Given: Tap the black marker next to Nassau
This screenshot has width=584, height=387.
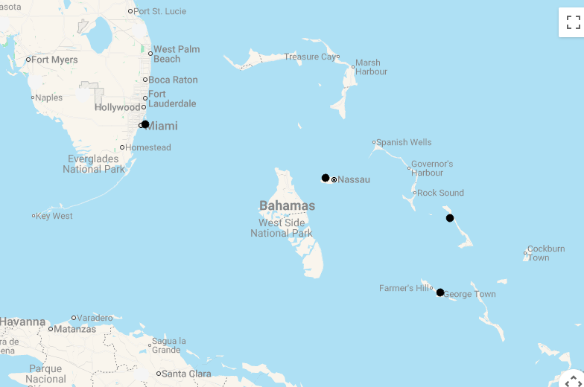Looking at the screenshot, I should (326, 178).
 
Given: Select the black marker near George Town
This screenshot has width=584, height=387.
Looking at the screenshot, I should (440, 292).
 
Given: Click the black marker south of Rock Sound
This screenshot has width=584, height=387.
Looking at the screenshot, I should (450, 218).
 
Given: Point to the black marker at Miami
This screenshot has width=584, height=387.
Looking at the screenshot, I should (145, 124).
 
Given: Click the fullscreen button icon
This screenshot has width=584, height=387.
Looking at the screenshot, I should (572, 22).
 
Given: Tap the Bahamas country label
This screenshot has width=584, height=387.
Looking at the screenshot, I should (287, 205).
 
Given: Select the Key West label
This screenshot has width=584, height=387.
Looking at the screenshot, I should (55, 216).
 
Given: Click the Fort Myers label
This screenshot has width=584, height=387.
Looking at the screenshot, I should (54, 60).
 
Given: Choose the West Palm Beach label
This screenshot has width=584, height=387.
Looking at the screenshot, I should (176, 54).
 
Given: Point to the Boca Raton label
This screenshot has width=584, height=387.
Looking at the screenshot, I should (173, 80).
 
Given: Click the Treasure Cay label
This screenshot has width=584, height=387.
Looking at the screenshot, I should (309, 57).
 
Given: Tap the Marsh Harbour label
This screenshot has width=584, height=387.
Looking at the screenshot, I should (371, 67).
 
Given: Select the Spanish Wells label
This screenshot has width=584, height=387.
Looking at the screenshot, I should (404, 142).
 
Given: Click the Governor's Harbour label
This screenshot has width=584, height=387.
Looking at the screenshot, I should (432, 168).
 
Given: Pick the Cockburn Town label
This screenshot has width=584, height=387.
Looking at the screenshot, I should (545, 253).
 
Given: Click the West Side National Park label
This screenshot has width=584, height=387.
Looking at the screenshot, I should (282, 228).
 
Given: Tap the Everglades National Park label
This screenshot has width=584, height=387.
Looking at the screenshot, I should (93, 164).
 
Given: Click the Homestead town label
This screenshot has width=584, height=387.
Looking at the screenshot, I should (148, 147).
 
